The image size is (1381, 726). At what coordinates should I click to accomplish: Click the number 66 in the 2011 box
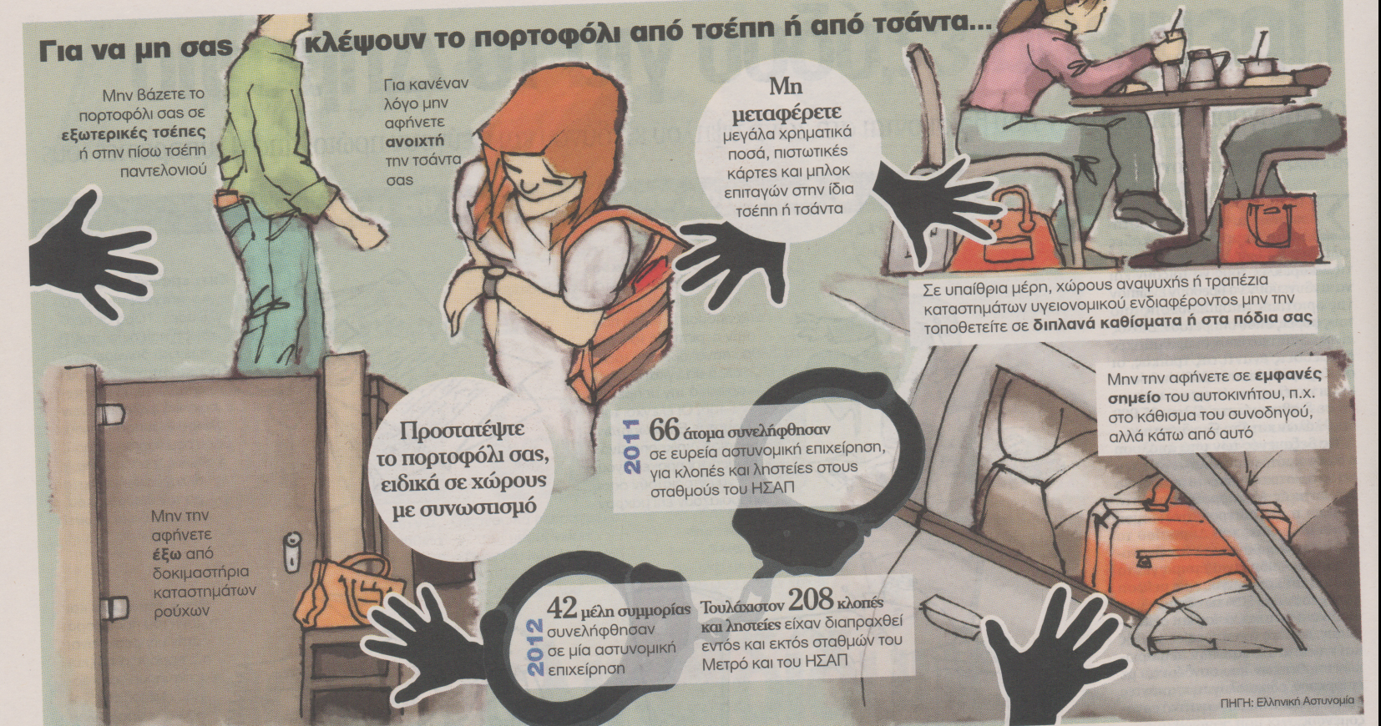664,431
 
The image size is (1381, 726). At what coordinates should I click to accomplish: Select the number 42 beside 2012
561,608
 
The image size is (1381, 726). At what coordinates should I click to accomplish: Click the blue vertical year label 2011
631,446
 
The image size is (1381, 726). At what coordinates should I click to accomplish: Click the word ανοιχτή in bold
415,141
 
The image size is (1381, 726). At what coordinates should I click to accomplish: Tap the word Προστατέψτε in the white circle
463,431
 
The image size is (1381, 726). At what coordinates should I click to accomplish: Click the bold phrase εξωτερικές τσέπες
133,132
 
